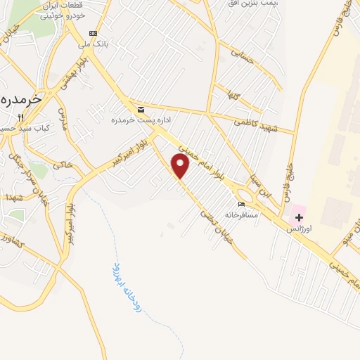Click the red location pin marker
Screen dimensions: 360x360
click(x=181, y=166)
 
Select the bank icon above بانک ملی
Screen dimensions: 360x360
click(x=93, y=33)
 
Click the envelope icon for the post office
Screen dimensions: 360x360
click(x=141, y=110)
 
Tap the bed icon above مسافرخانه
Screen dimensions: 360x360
click(x=242, y=205)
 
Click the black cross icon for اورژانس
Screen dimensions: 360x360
click(x=299, y=217)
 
